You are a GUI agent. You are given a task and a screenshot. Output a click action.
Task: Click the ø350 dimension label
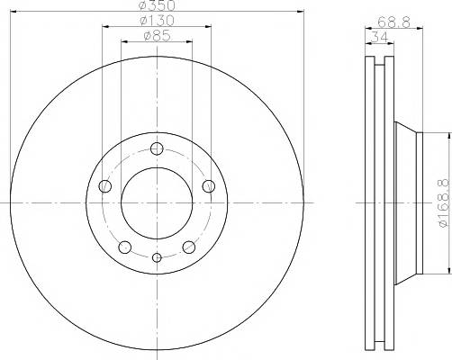pyautogui.click(x=158, y=4)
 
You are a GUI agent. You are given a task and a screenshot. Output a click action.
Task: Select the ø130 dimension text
pyautogui.click(x=157, y=21)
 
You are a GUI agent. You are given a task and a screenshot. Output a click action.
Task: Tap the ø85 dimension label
pyautogui.click(x=158, y=36)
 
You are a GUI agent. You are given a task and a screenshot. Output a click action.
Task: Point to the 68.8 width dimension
pyautogui.click(x=393, y=22)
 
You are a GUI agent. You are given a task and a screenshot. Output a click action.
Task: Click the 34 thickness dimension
pyautogui.click(x=380, y=38)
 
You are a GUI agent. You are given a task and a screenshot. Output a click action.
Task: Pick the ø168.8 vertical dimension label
pyautogui.click(x=446, y=203)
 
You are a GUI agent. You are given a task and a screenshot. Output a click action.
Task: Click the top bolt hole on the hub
pyautogui.click(x=157, y=148)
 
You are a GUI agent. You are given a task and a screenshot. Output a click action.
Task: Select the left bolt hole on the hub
pyautogui.click(x=105, y=186)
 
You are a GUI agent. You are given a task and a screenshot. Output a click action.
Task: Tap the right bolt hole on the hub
pyautogui.click(x=209, y=186)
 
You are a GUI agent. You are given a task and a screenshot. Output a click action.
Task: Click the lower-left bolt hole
pyautogui.click(x=125, y=247)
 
